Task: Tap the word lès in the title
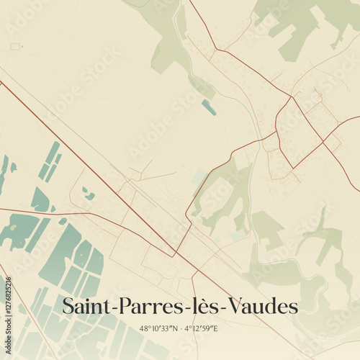pos(197,306)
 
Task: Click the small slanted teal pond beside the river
pos(208,107)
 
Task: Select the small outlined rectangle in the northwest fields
pos(15,46)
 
